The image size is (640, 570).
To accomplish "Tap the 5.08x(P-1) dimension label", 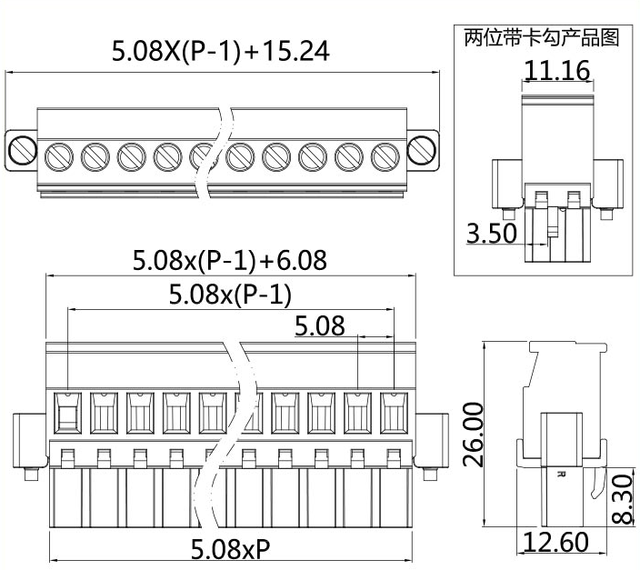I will pyautogui.click(x=230, y=295).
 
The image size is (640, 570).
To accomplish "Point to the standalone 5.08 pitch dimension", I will pyautogui.click(x=319, y=325).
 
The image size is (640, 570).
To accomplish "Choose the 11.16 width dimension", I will pyautogui.click(x=556, y=69).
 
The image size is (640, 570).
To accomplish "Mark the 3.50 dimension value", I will pyautogui.click(x=491, y=233).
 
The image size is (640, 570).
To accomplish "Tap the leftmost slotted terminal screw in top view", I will pyautogui.click(x=59, y=156).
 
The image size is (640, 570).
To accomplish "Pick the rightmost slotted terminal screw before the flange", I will pyautogui.click(x=385, y=156).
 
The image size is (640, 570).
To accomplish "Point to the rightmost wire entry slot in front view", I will pyautogui.click(x=393, y=413).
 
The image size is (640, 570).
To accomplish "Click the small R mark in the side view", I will pyautogui.click(x=560, y=474).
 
